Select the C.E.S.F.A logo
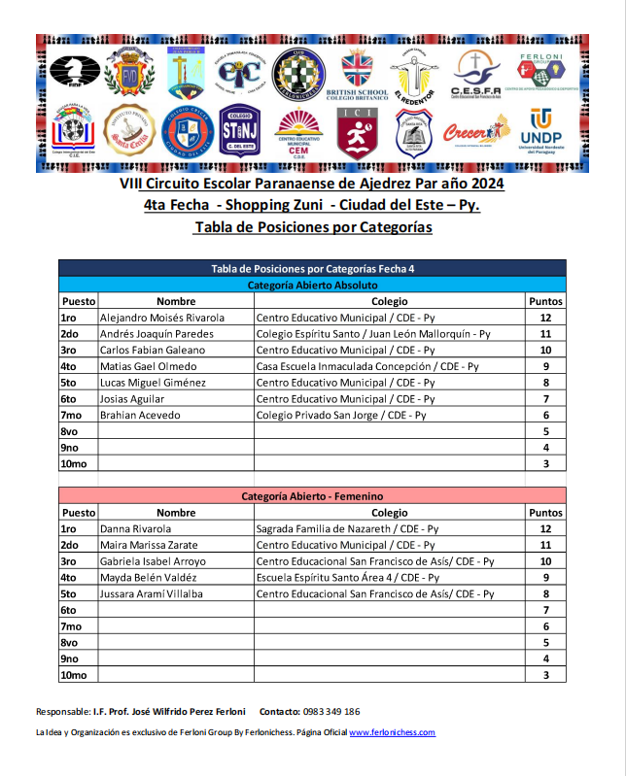(476, 74)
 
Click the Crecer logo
(476, 132)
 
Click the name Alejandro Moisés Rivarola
(162, 318)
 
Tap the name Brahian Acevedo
(140, 416)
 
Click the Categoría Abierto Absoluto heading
(312, 286)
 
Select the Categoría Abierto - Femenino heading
(312, 496)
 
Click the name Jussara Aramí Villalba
(152, 594)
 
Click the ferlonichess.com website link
(392, 733)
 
